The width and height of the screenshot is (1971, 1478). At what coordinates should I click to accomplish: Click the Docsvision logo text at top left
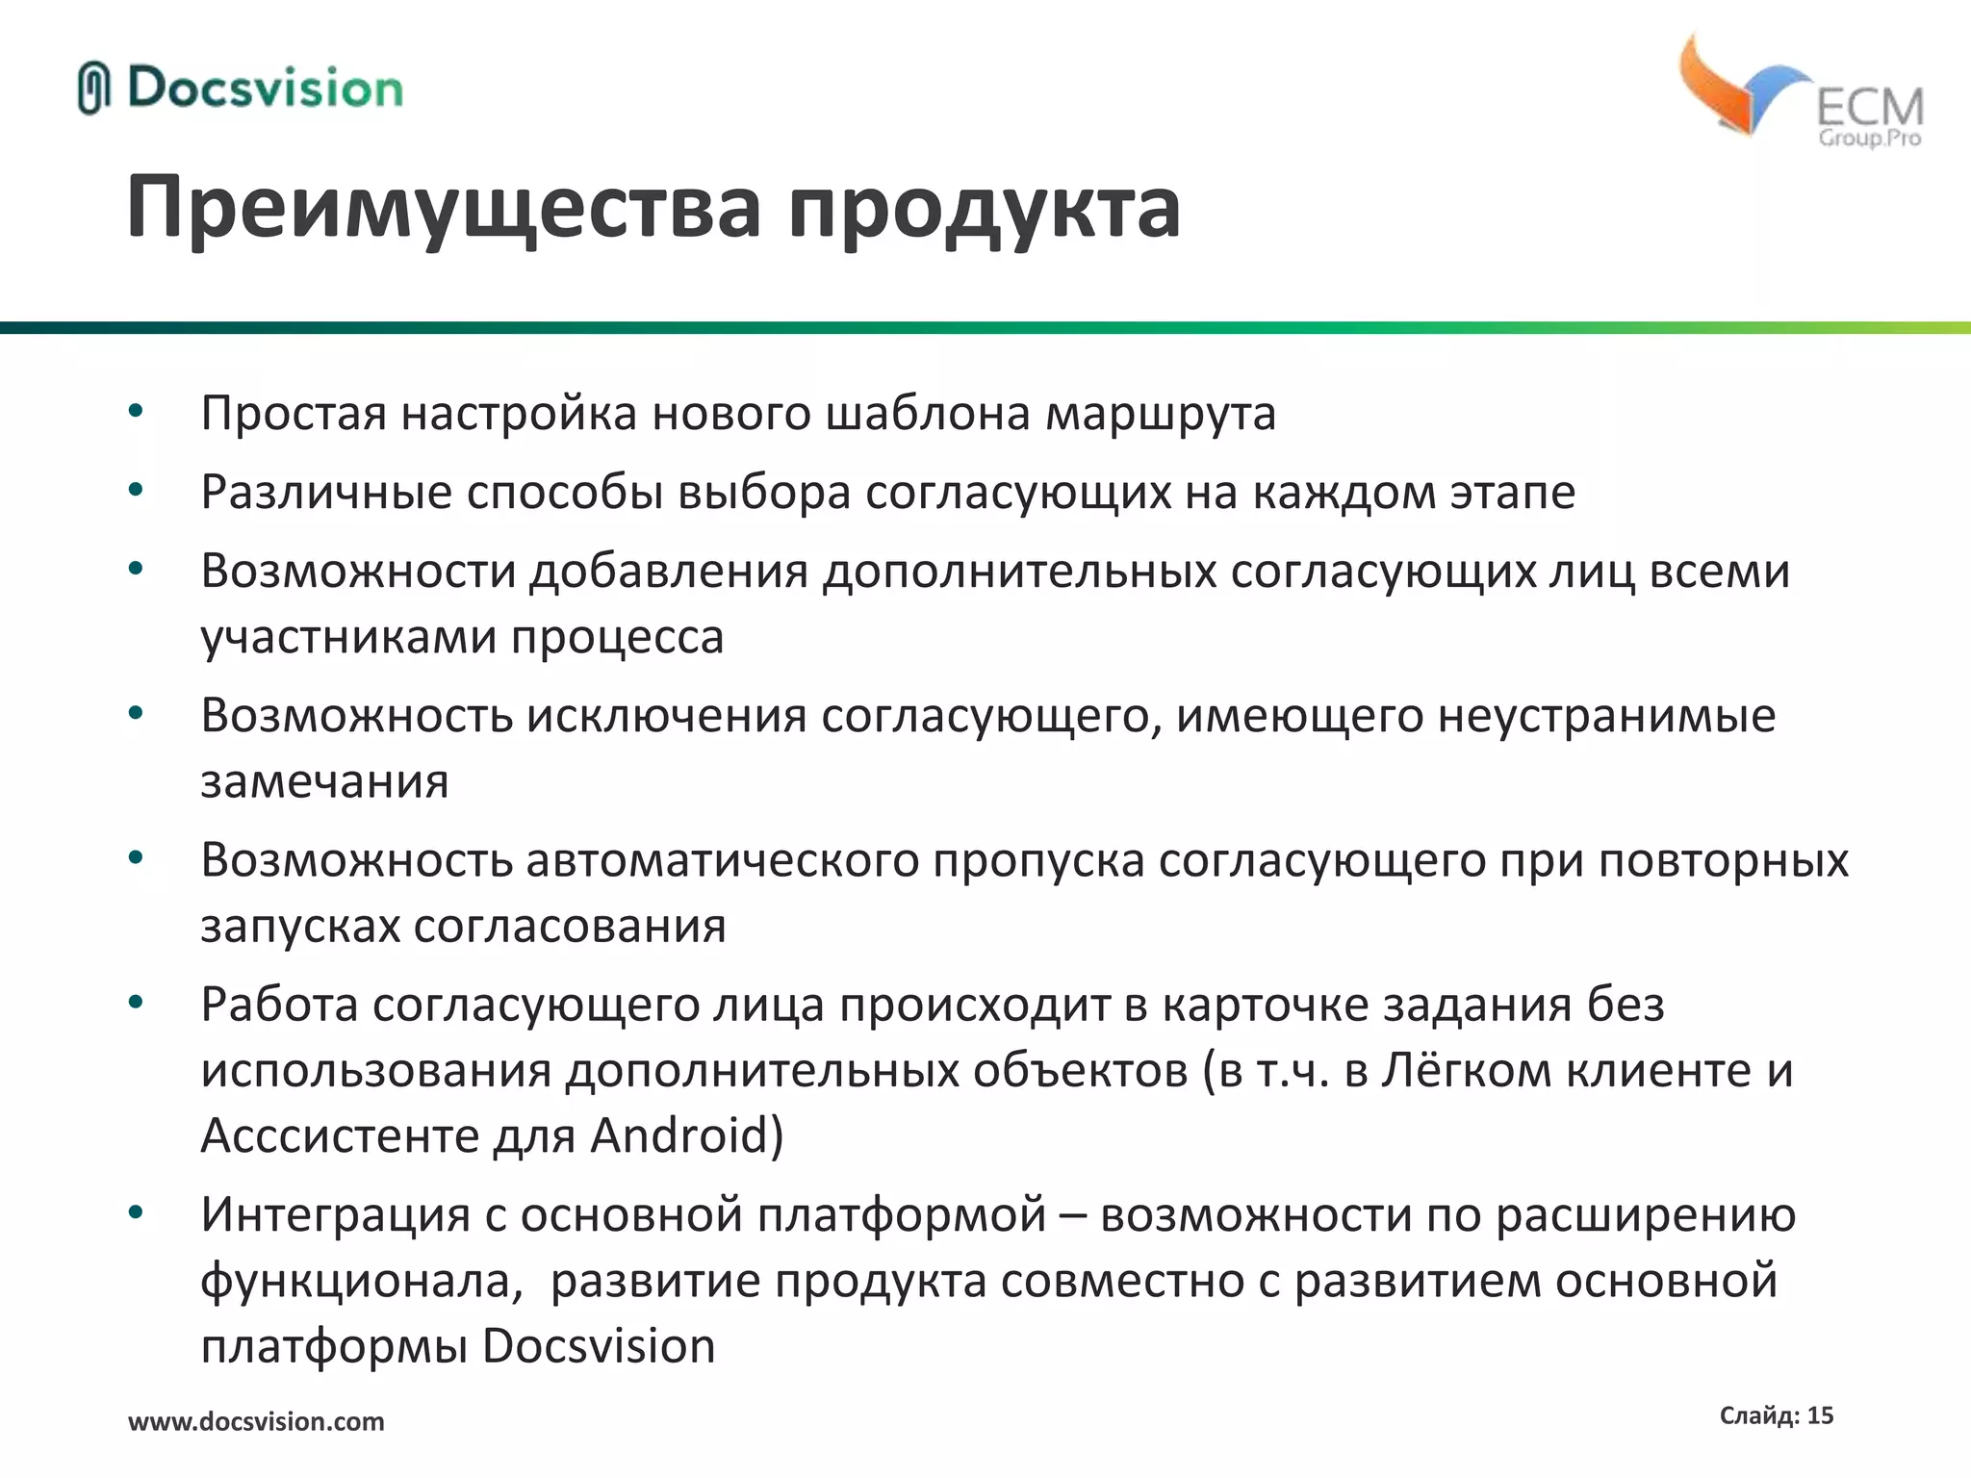265,89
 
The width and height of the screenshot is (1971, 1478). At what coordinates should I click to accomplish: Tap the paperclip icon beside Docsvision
93,89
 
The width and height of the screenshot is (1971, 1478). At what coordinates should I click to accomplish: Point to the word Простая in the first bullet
294,414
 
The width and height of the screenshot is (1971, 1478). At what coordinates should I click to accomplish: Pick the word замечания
324,781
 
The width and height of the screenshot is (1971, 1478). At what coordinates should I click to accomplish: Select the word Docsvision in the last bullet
599,1346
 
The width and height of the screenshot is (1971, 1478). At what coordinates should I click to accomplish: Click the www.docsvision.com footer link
256,1421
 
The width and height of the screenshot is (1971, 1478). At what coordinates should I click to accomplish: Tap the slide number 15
1820,1415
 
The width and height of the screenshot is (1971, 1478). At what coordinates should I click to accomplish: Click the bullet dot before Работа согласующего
136,1003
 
